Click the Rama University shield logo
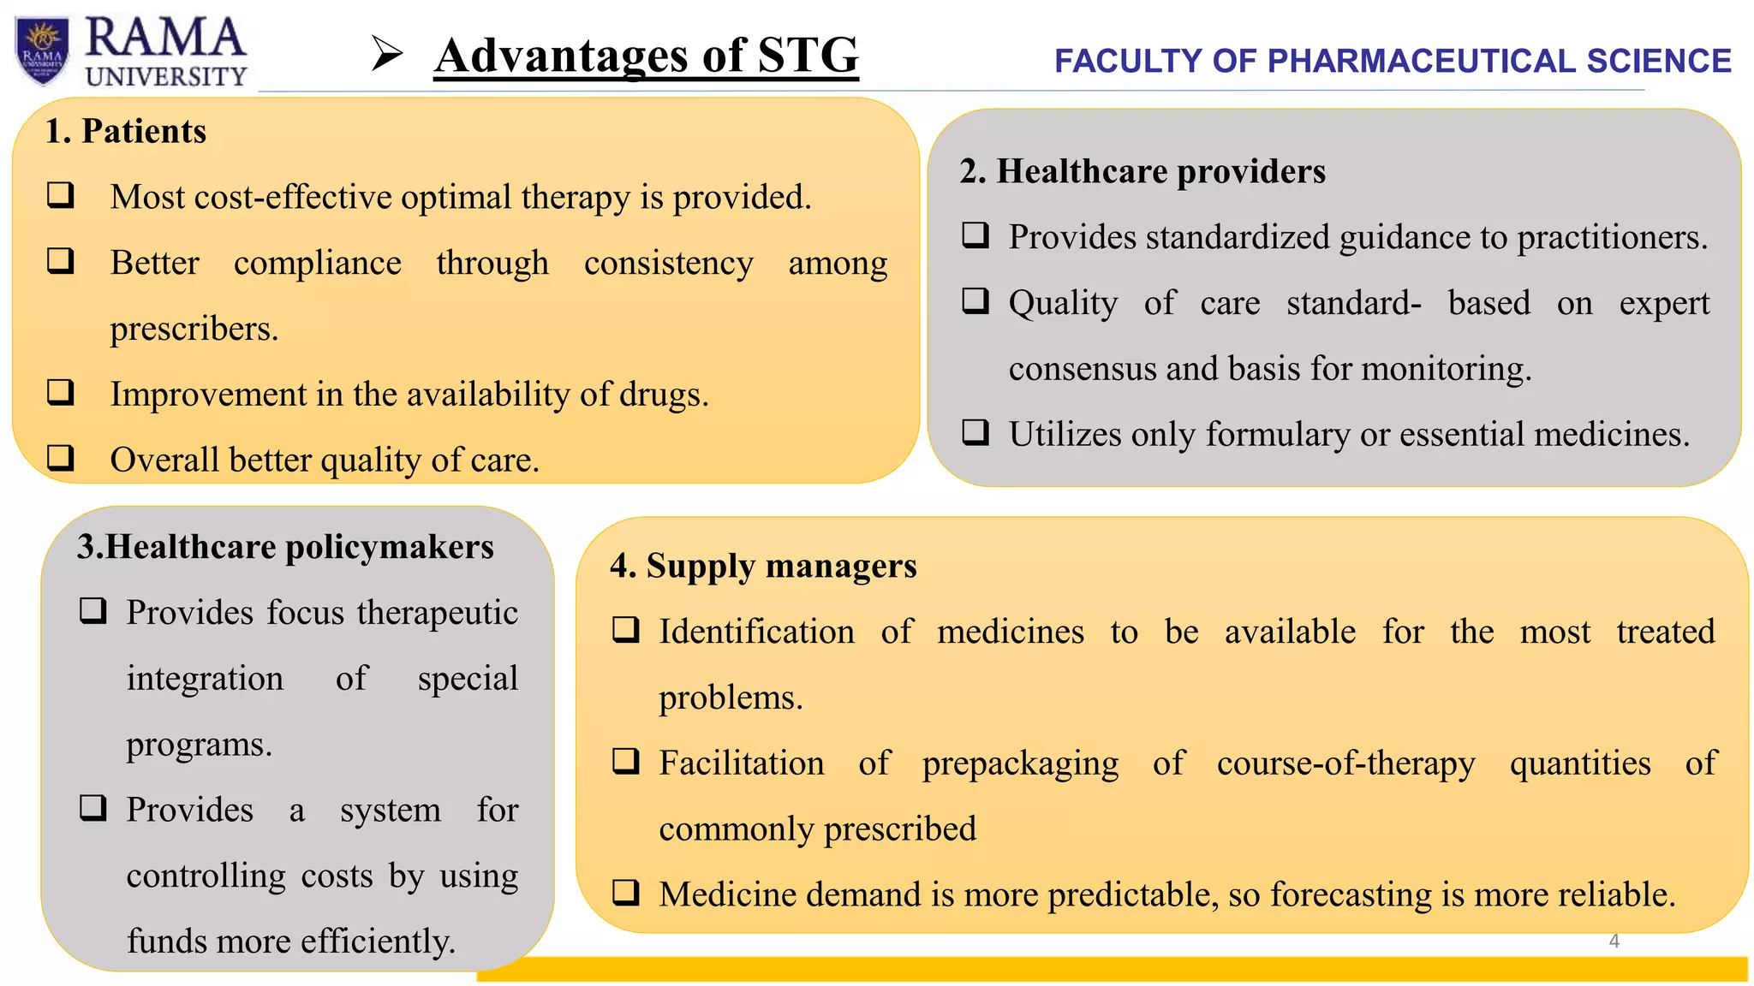coord(42,51)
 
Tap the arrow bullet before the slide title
coord(387,55)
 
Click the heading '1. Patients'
coord(126,132)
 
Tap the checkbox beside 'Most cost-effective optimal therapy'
coord(61,195)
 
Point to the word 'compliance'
coord(317,264)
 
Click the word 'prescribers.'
coord(194,330)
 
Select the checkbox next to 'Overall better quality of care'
coord(61,458)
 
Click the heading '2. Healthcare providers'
coord(1142,171)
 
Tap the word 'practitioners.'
coord(1612,238)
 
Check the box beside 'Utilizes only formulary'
coord(975,432)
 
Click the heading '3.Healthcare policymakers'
coord(285,547)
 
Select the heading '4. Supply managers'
coord(763,566)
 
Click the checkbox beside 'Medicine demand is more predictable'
coord(626,893)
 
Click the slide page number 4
coord(1614,941)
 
